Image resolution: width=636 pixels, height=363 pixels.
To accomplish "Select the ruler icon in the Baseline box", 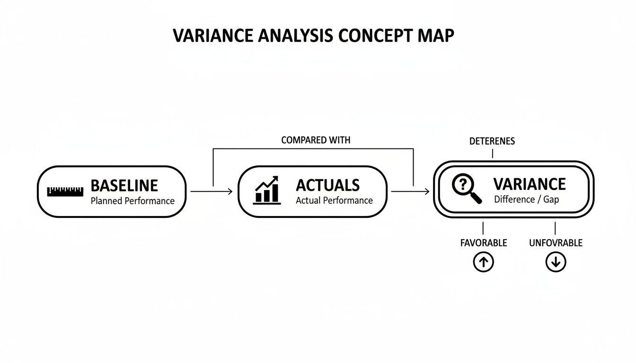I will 65,191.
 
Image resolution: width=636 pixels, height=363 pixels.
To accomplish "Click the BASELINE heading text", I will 124,185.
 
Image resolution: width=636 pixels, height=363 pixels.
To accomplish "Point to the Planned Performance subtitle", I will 132,201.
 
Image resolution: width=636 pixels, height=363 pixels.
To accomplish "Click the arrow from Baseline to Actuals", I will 211,191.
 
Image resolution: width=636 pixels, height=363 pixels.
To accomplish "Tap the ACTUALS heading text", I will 327,185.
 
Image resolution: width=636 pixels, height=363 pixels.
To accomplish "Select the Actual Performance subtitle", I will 334,200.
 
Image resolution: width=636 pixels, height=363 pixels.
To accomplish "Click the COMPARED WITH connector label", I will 316,140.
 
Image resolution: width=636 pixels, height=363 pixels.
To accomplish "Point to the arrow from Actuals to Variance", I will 410,191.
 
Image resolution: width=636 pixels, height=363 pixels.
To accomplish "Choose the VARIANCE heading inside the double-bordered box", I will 529,184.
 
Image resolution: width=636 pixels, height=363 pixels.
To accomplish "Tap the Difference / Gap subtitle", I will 526,199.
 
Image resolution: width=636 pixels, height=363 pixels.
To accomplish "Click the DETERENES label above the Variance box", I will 492,141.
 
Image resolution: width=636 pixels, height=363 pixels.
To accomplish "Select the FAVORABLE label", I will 483,243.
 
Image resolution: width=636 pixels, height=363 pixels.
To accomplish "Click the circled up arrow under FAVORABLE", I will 483,262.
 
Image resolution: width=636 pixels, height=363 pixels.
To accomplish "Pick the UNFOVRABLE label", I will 556,243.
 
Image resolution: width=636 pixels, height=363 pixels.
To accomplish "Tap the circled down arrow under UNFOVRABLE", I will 556,262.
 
